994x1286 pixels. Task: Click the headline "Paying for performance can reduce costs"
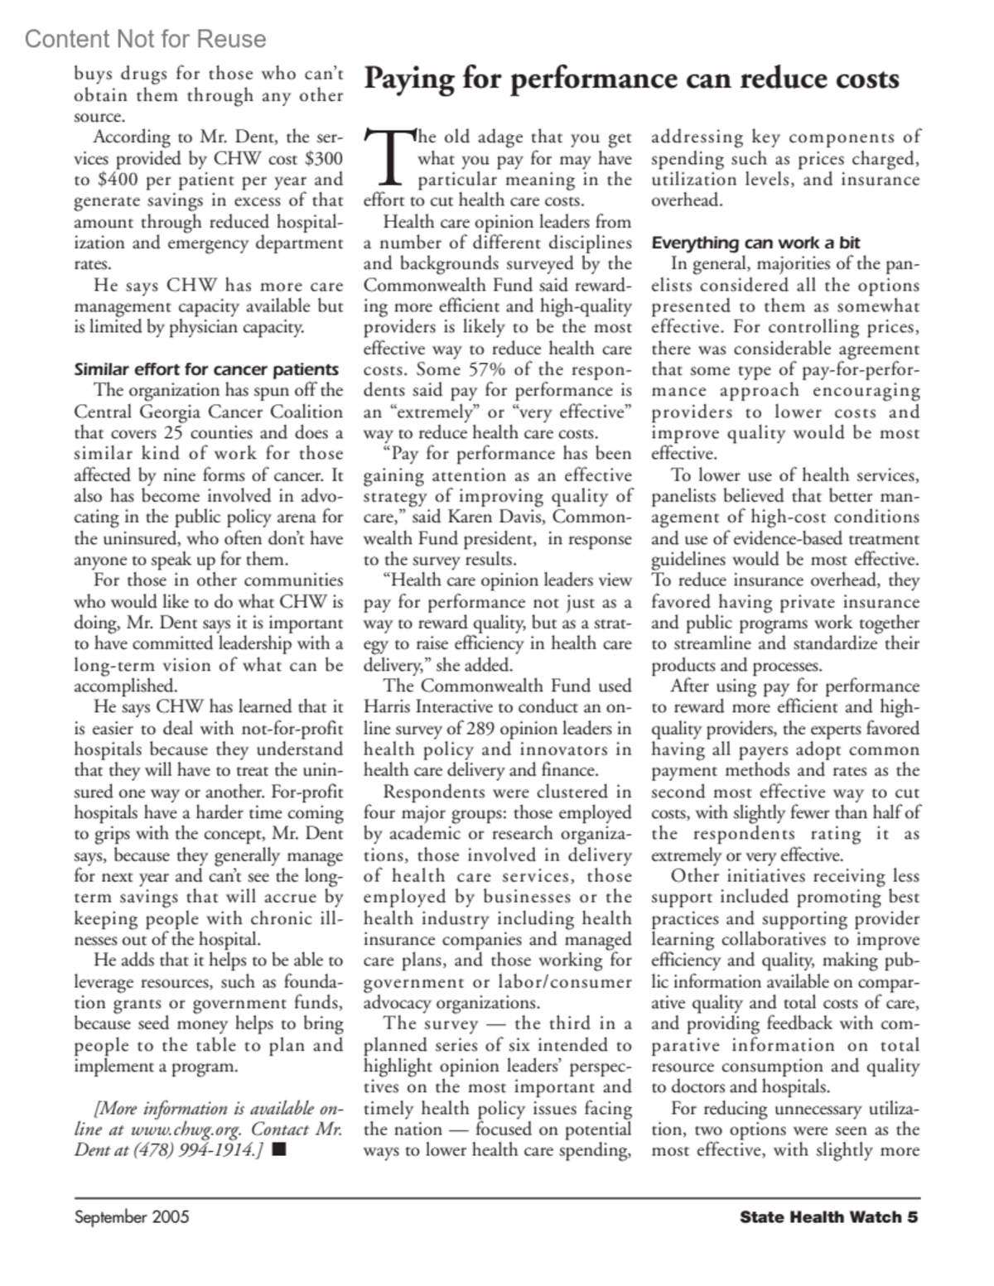click(631, 79)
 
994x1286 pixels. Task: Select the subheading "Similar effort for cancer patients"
click(206, 369)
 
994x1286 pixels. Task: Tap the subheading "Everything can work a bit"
click(755, 243)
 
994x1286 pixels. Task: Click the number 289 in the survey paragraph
click(483, 729)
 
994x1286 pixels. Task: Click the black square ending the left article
click(277, 1150)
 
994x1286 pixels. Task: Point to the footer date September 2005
click(132, 1217)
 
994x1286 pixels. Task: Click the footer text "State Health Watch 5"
click(828, 1217)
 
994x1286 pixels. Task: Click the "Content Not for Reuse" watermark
click(145, 39)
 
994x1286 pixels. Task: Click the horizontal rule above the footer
click(497, 1198)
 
